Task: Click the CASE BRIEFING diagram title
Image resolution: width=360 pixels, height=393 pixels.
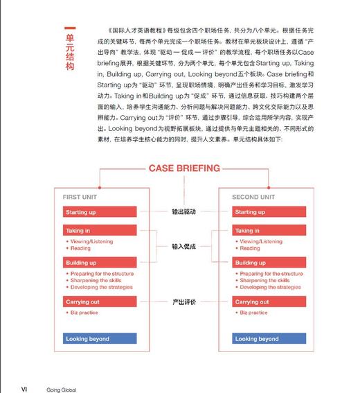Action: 184,168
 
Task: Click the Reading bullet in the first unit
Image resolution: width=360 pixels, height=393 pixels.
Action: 80,248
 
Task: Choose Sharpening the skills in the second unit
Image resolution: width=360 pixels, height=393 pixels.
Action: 265,281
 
